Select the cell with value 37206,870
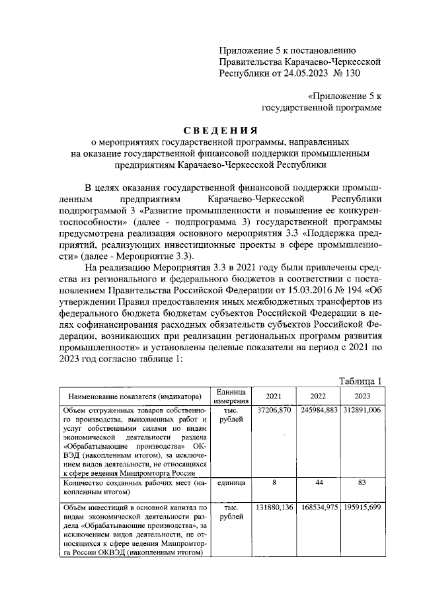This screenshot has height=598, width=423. [273, 410]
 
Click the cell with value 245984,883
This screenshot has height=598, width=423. [318, 410]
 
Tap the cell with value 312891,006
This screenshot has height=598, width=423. [362, 410]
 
